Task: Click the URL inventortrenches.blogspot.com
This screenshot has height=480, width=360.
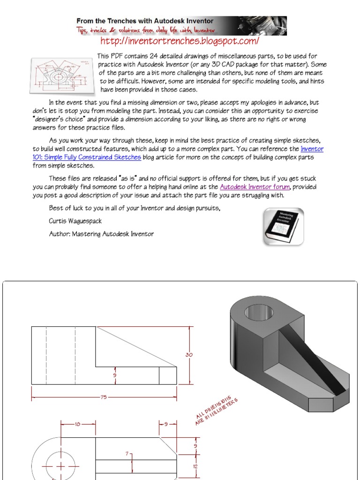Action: point(180,41)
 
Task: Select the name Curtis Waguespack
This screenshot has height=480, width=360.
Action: point(75,221)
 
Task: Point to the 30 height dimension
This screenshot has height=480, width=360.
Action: point(189,355)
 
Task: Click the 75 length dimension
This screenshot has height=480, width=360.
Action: point(104,397)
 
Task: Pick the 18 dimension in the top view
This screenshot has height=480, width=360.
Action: point(78,424)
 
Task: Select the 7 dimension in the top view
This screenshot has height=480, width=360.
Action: point(127,454)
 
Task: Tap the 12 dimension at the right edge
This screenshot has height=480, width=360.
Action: point(195,466)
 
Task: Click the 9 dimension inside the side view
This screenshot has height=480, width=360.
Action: point(115,375)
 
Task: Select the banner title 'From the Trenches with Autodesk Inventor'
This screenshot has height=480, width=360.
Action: point(145,21)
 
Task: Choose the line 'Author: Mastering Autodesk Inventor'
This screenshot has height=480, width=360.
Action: point(101,233)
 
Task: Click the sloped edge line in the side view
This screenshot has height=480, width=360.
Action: point(136,347)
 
